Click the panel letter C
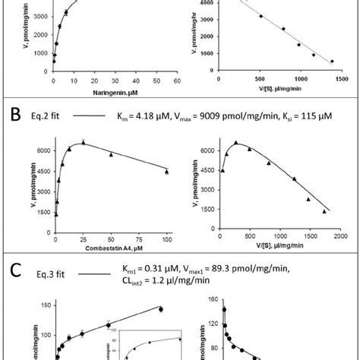tap(13, 267)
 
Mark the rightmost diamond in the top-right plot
tap(331, 62)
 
